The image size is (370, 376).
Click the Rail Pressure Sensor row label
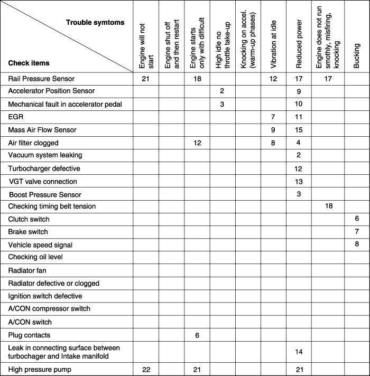[41, 79]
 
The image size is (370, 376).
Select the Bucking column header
[357, 55]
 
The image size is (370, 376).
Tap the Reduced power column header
[299, 44]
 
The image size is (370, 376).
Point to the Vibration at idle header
[273, 44]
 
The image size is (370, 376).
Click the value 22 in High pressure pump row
[146, 370]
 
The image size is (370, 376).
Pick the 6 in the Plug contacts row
[197, 335]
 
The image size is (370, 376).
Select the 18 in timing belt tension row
[329, 206]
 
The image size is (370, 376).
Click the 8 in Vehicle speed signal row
[357, 244]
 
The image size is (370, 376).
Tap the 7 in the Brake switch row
[357, 231]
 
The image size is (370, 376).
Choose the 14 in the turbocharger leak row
[299, 352]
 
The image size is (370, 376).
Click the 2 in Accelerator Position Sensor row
[222, 91]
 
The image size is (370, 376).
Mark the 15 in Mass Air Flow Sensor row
[299, 130]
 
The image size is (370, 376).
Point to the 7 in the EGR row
[273, 117]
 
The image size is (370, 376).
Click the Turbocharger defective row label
[44, 168]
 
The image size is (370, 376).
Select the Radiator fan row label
[27, 270]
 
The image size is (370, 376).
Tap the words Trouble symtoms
[95, 23]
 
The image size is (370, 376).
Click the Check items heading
[29, 63]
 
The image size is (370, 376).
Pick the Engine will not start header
[146, 46]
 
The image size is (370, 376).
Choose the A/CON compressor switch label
[49, 308]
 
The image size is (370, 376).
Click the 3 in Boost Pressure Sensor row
[299, 194]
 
